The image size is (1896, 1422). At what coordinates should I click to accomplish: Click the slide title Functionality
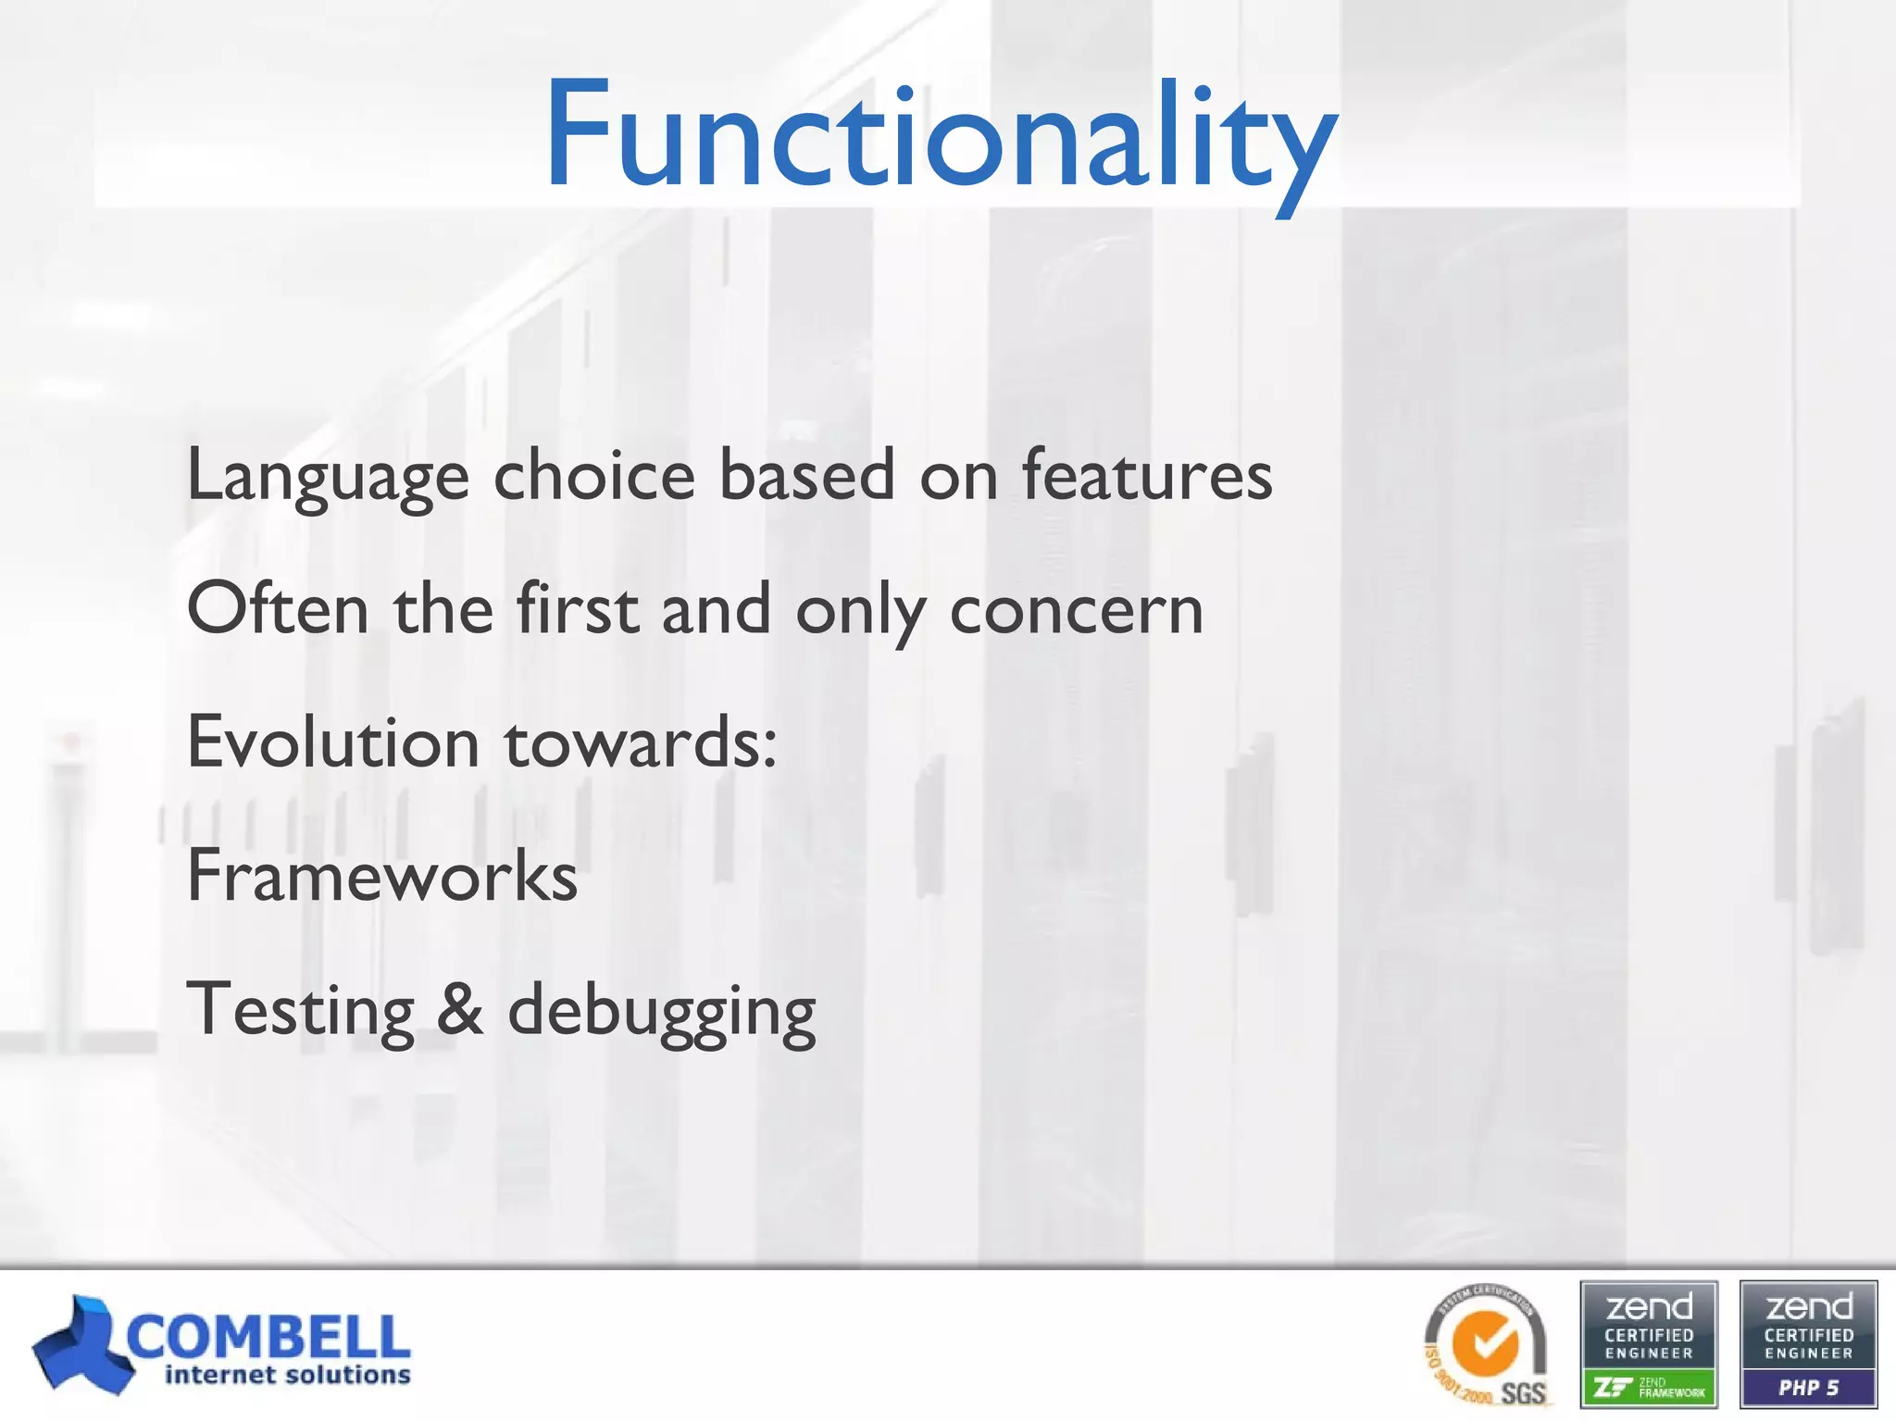coord(940,139)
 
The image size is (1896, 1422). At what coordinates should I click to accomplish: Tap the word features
coord(1147,475)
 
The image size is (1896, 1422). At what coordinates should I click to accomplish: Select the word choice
coord(593,475)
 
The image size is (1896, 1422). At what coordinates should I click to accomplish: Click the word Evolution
coord(332,743)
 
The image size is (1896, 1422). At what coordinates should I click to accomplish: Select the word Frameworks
coord(381,877)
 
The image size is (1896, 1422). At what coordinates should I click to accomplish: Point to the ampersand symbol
coord(460,1010)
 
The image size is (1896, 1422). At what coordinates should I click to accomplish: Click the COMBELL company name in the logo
coord(268,1337)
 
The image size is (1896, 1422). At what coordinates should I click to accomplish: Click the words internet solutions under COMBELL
coord(287,1375)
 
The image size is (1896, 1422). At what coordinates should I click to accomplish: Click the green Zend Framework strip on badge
coord(1649,1388)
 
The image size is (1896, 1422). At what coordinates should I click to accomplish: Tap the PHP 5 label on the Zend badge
coord(1808,1388)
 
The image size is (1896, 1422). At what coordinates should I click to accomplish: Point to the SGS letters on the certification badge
coord(1523,1392)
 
